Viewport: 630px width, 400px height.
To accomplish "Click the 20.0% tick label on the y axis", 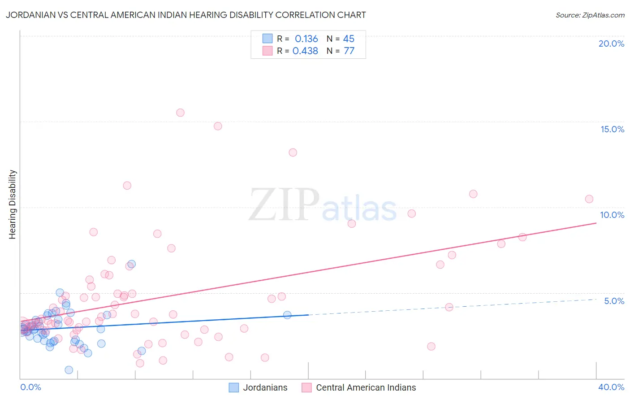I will pos(611,43).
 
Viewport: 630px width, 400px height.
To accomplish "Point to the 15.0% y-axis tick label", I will pos(612,129).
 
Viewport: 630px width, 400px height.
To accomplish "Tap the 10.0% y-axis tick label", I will pos(612,215).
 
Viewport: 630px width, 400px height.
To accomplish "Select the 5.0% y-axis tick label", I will pos(614,301).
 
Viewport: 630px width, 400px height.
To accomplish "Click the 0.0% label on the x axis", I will pos(30,387).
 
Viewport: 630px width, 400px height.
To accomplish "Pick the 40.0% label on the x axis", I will pos(611,387).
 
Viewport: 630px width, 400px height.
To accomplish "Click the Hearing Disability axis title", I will pos(13,204).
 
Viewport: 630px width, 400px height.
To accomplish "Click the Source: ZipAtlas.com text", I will pos(590,15).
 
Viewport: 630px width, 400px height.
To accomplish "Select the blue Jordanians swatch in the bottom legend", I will pos(234,387).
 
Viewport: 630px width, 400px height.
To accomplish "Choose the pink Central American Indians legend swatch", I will pos(306,387).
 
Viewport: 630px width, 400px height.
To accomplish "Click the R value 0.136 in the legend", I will pos(306,39).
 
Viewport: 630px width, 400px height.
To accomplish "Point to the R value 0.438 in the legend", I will pos(305,51).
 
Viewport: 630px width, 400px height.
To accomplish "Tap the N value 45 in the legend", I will pos(349,39).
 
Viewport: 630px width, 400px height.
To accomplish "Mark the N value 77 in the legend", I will pos(349,51).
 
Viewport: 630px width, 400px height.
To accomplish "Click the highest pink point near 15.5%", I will pos(180,113).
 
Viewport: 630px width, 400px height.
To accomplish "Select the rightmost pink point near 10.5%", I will pos(589,199).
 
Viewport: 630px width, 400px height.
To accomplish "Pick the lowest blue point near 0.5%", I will pos(69,370).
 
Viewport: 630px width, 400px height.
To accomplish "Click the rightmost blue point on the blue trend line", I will pos(287,315).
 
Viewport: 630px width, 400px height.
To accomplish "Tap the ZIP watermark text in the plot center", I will pos(284,205).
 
